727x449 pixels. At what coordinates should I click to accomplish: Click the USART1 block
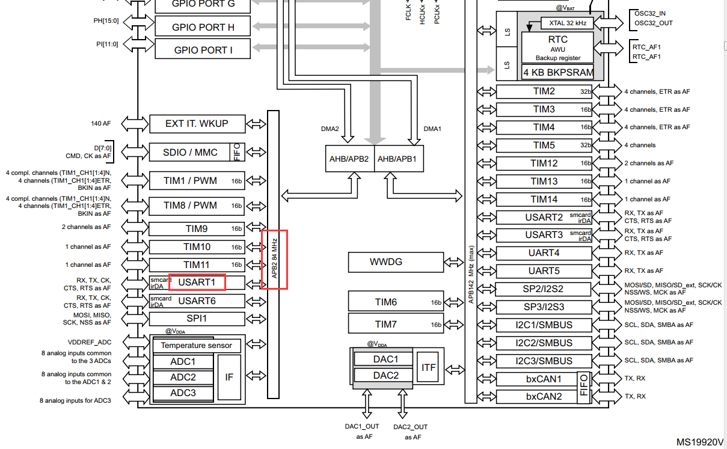point(197,282)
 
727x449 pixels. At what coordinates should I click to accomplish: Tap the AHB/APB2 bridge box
point(349,159)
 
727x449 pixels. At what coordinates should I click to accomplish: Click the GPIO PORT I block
point(203,50)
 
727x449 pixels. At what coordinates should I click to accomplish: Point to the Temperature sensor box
point(197,346)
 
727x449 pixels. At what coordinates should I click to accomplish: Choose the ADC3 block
point(183,393)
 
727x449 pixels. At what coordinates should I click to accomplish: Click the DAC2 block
point(385,375)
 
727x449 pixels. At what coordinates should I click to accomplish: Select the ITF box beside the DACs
point(429,367)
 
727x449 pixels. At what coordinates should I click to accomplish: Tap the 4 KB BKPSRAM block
point(557,73)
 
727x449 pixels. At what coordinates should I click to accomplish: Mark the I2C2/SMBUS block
point(544,343)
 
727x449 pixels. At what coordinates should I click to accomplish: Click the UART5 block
point(544,271)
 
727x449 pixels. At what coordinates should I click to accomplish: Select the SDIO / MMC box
point(190,152)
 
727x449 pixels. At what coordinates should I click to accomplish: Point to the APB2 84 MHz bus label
point(274,258)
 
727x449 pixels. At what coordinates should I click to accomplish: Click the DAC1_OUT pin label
point(361,427)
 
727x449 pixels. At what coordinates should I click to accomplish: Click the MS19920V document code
point(700,442)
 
